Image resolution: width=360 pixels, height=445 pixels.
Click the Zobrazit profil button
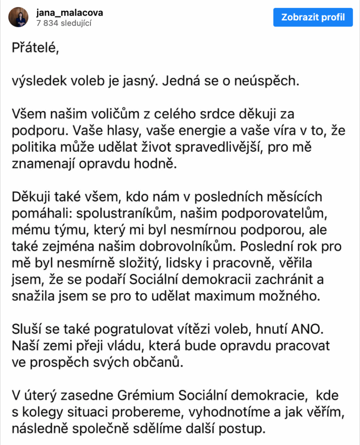(313, 17)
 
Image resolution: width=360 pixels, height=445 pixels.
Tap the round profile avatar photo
(19, 17)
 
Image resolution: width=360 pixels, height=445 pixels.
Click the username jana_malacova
(70, 13)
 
